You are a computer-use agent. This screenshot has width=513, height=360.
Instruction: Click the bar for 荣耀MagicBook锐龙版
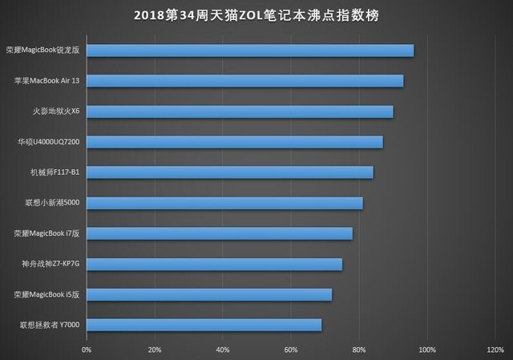click(250, 51)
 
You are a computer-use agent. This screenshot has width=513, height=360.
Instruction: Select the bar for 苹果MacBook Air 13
click(244, 81)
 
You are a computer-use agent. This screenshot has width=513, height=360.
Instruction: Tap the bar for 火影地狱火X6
click(240, 111)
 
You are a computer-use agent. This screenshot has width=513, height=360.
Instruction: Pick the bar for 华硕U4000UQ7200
click(234, 142)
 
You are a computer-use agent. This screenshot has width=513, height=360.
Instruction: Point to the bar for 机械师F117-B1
click(229, 172)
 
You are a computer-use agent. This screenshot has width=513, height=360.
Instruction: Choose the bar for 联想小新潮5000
click(224, 203)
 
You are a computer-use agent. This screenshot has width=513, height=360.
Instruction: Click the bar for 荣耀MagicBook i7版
click(219, 233)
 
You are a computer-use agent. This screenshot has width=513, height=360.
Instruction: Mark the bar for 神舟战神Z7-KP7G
click(214, 264)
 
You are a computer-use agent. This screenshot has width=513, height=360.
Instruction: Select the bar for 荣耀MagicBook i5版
click(208, 294)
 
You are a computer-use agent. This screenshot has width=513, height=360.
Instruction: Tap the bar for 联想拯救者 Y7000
click(204, 325)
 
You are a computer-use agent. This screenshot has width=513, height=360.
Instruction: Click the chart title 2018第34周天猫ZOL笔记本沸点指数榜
click(256, 14)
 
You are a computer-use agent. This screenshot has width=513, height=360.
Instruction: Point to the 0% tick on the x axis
click(87, 350)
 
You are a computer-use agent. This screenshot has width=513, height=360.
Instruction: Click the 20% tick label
click(155, 350)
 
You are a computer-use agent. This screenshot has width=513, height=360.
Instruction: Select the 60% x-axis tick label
click(291, 350)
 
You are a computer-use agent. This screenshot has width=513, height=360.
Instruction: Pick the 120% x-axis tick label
click(495, 350)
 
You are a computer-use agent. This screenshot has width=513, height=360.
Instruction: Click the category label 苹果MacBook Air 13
click(47, 81)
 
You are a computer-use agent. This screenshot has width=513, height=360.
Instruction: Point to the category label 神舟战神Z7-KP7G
click(50, 264)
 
